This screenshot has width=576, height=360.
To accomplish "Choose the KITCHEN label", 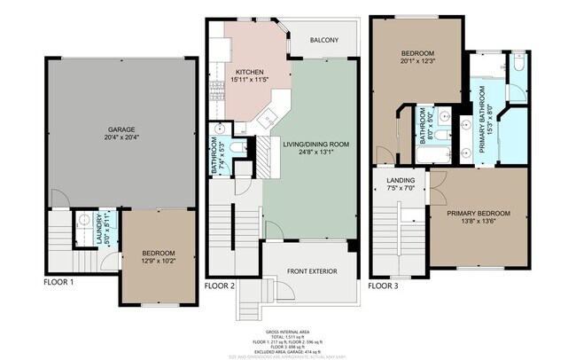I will pos(249,71).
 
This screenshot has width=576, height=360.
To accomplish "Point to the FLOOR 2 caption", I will pos(220,286).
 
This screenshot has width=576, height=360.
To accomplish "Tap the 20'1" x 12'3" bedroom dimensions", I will pos(417,60).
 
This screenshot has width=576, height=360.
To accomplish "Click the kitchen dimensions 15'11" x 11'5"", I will pos(249,80).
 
